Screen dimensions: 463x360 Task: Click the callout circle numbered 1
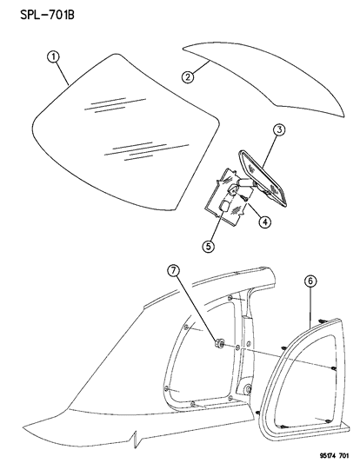coord(52,58)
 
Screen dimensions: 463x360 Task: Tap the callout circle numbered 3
coord(279,131)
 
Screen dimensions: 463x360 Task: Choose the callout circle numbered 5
coord(208,245)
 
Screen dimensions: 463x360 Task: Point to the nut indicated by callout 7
coord(217,345)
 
